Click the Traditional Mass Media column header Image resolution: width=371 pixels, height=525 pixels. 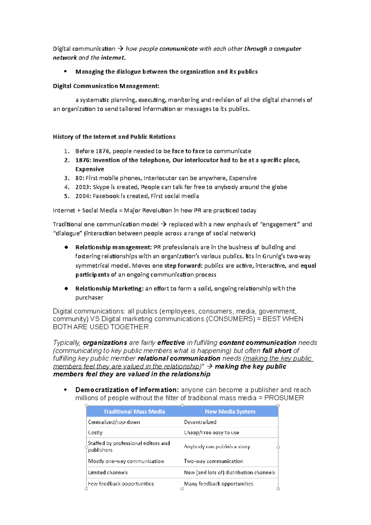[x=134, y=412]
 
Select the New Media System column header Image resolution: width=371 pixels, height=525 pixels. [x=230, y=412]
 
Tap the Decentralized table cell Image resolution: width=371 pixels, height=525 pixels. [x=200, y=422]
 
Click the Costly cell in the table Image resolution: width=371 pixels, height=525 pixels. [x=95, y=433]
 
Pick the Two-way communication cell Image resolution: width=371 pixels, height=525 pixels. [x=213, y=461]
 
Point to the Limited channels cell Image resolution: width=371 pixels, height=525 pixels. [x=108, y=472]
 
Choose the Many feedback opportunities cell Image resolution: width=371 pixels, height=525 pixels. [x=219, y=484]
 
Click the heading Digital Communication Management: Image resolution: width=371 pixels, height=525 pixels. [x=106, y=86]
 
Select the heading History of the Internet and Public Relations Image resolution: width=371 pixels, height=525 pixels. [x=114, y=137]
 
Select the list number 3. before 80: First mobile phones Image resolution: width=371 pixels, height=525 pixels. [x=67, y=178]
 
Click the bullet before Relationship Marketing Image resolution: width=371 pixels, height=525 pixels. [x=66, y=288]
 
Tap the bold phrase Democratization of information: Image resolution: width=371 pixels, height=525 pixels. [x=127, y=390]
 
